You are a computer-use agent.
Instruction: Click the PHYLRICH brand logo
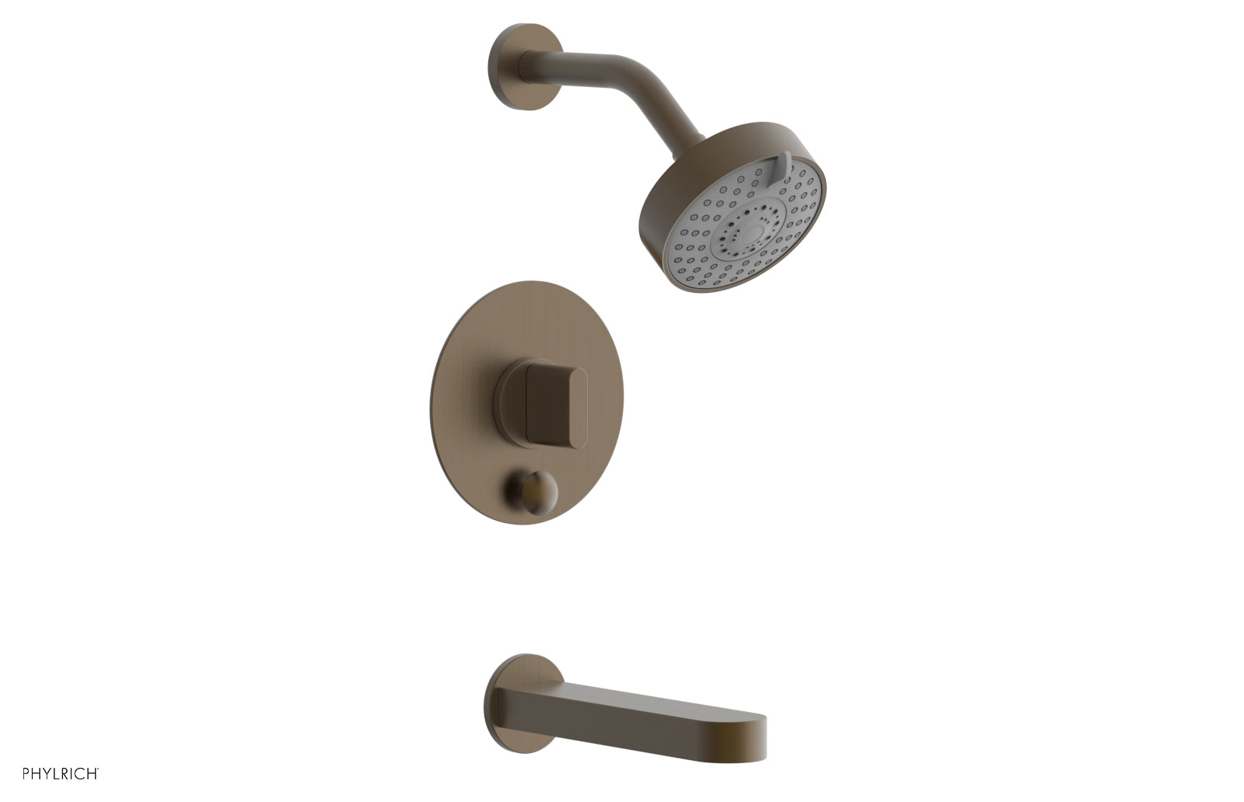[x=61, y=773]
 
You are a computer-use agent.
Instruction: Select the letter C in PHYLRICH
[x=79, y=773]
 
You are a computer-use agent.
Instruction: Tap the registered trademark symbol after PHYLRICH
[x=98, y=769]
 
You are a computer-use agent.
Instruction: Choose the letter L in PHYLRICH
[x=56, y=773]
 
